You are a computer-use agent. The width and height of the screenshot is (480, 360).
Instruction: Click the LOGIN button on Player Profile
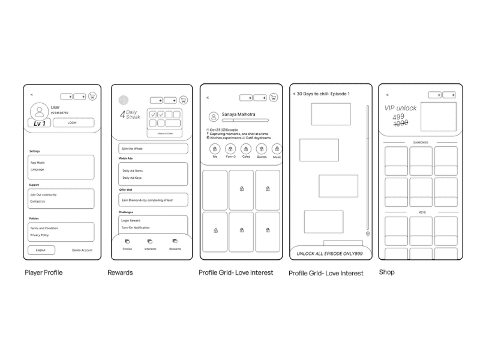[x=72, y=122]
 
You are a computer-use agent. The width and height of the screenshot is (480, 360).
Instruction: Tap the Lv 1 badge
[x=39, y=123]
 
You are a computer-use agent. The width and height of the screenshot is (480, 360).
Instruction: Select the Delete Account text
[x=82, y=250]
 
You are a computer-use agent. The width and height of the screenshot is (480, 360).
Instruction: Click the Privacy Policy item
[x=40, y=235]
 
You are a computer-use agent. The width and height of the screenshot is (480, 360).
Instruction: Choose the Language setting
[x=37, y=169]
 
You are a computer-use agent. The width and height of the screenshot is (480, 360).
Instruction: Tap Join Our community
[x=43, y=194]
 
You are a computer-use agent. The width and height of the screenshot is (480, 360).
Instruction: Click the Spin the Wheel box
[x=153, y=148]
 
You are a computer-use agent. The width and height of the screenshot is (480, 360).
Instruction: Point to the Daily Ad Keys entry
[x=132, y=178]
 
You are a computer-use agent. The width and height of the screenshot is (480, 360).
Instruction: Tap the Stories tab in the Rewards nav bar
[x=127, y=245]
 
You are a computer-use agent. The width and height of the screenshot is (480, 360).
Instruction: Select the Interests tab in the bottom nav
[x=150, y=245]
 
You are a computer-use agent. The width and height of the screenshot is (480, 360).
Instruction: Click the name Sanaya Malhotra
[x=238, y=114]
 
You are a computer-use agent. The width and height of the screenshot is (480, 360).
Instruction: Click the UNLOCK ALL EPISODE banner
[x=331, y=254]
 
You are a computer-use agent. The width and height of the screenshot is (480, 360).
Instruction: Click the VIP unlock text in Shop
[x=400, y=108]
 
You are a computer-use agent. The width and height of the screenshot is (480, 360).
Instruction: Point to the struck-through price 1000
[x=400, y=123]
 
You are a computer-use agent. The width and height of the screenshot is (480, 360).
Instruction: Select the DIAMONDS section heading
[x=421, y=143]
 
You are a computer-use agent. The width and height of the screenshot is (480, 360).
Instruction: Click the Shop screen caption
[x=386, y=272]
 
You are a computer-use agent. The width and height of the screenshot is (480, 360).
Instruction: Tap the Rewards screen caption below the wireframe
[x=120, y=273]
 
